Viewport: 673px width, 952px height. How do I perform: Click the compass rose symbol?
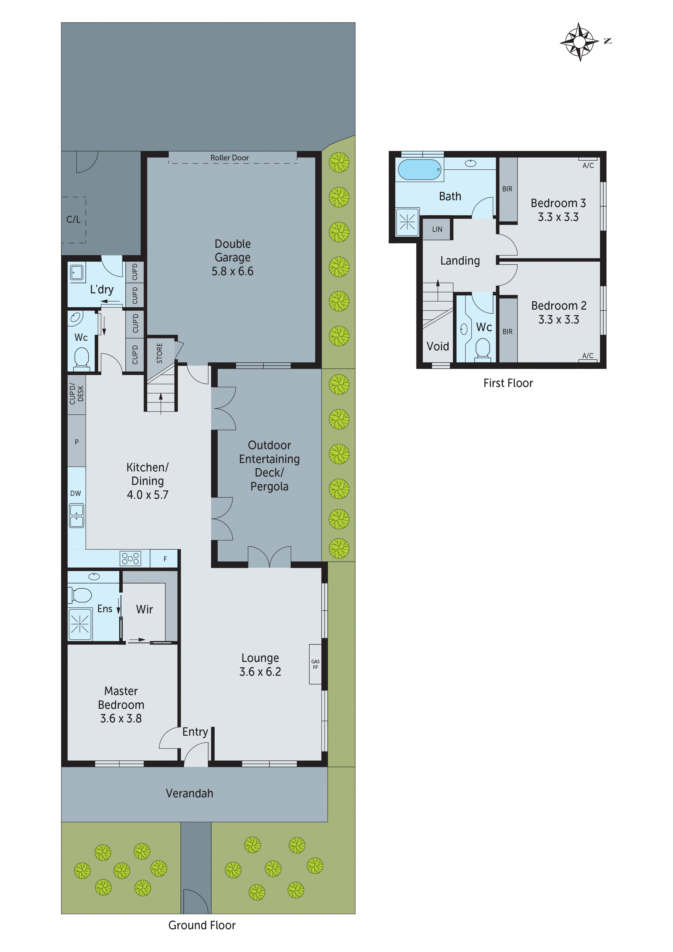pos(579,42)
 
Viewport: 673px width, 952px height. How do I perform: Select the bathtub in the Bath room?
pos(419,170)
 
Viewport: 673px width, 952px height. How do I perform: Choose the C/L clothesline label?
pos(73,219)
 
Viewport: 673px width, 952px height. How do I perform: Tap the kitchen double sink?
pos(76,515)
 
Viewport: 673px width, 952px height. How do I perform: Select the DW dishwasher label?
pos(75,493)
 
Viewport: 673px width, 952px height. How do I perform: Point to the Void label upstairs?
pos(438,346)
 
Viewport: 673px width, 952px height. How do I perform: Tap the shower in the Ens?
pos(80,623)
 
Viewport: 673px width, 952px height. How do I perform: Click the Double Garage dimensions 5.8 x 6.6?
pos(232,271)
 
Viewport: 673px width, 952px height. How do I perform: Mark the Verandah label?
pos(189,793)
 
